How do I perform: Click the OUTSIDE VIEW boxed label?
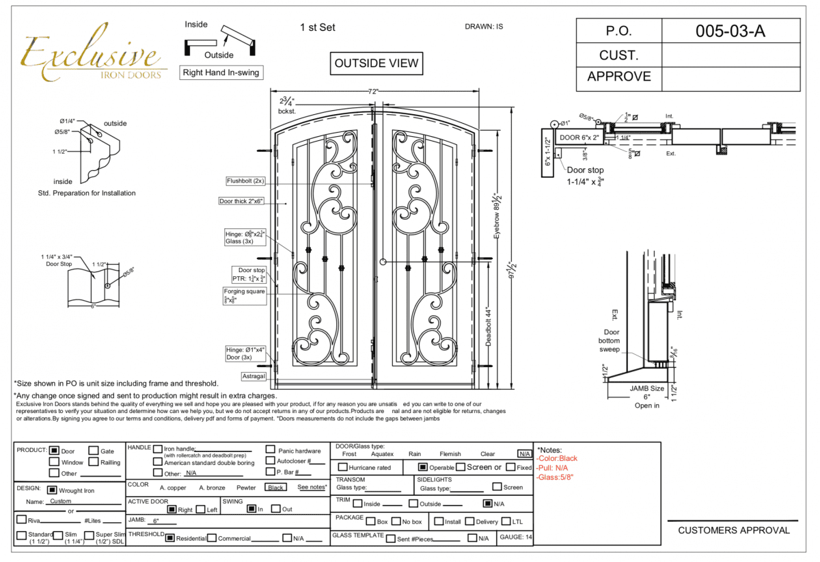pos(375,64)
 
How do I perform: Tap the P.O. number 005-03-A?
pos(730,31)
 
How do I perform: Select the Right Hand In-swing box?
pos(221,72)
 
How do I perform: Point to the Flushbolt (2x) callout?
pos(245,181)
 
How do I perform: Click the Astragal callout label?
pos(253,377)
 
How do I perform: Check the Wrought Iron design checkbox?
pos(52,490)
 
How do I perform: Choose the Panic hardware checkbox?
pos(271,451)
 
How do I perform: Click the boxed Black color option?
pos(276,487)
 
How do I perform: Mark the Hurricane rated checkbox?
pos(342,468)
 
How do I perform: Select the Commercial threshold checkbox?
pos(212,538)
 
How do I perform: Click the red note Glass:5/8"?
pos(555,477)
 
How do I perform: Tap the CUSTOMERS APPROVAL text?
pos(733,530)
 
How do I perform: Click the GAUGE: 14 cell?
pos(516,537)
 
